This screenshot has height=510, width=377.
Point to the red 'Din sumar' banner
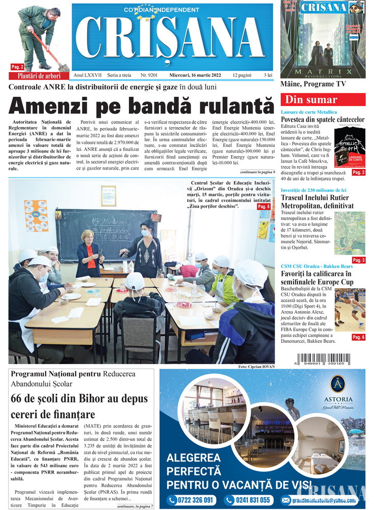(x=322, y=99)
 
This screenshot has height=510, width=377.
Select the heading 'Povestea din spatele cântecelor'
(x=322, y=119)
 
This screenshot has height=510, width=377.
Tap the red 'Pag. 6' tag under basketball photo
(x=358, y=337)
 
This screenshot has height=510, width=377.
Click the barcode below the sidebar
(x=323, y=356)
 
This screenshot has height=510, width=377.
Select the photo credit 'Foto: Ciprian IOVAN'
(x=256, y=367)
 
